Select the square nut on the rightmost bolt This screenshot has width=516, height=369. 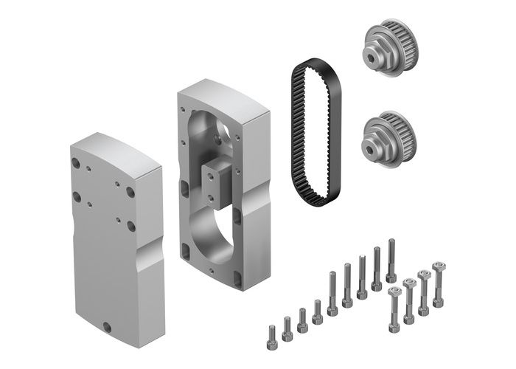click(438, 266)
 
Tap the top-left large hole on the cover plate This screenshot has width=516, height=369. click(75, 162)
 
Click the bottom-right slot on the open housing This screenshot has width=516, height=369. click(238, 278)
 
